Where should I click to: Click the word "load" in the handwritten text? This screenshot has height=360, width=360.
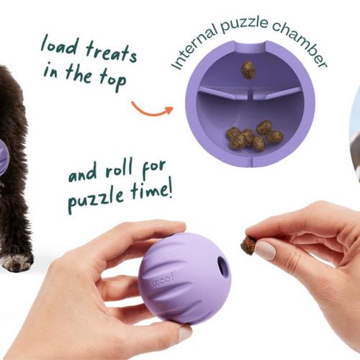pyautogui.click(x=60, y=45)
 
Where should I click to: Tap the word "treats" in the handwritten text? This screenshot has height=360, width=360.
pyautogui.click(x=112, y=53)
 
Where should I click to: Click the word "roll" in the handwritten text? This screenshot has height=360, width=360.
pyautogui.click(x=120, y=169)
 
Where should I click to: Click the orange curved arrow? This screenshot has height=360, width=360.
pyautogui.click(x=152, y=111)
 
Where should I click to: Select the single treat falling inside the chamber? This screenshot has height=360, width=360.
pyautogui.click(x=248, y=70)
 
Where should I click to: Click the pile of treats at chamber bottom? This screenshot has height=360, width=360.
pyautogui.click(x=254, y=135)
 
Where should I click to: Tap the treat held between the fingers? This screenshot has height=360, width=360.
pyautogui.click(x=248, y=245)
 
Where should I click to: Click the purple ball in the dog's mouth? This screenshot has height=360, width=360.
pyautogui.click(x=4, y=157)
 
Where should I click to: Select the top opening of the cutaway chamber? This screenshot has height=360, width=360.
pyautogui.click(x=251, y=45)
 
